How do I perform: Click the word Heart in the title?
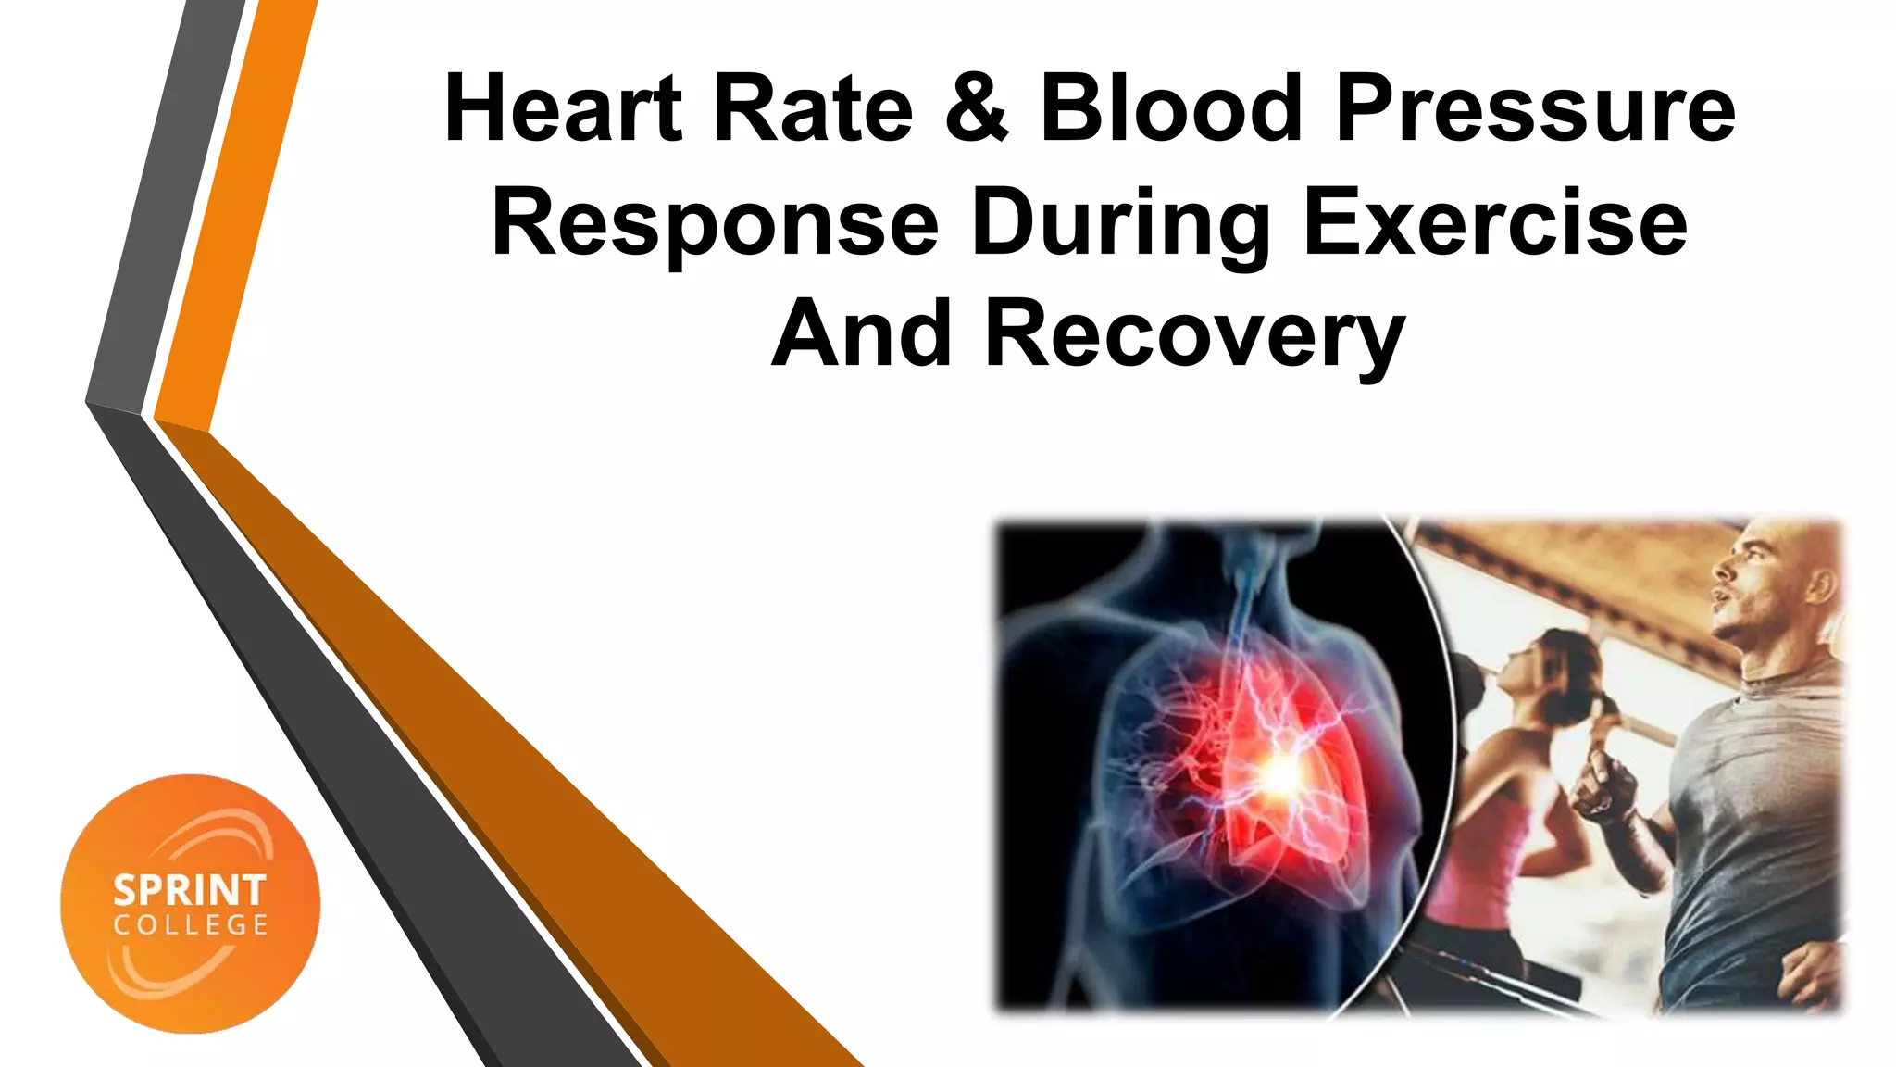563,109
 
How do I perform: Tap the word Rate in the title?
813,109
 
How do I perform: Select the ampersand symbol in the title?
976,109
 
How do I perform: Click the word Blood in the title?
1170,109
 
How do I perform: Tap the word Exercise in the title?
1494,222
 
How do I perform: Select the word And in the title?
862,334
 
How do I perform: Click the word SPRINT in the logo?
190,891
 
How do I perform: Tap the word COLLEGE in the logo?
191,925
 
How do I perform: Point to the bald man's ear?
1819,584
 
